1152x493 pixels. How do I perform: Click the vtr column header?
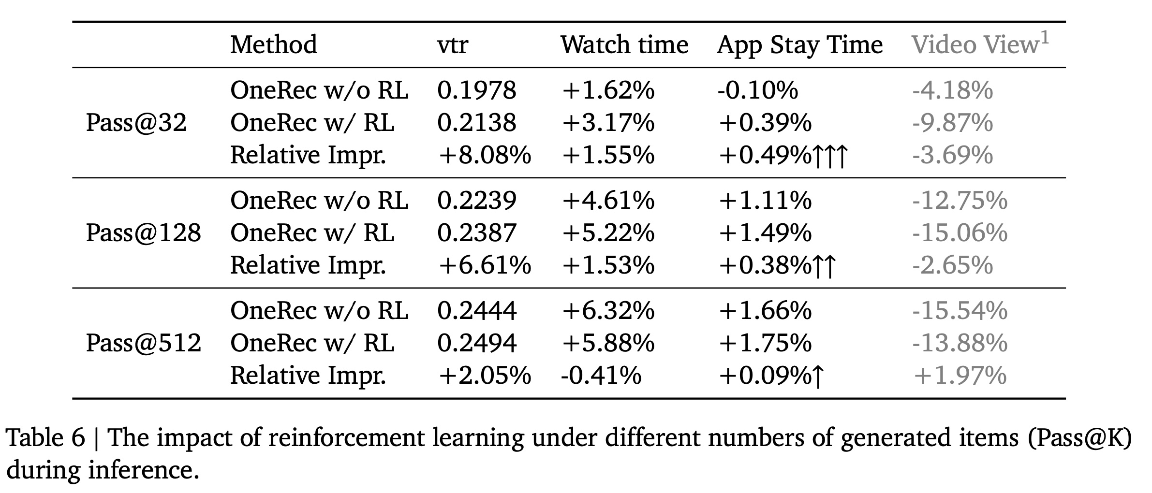452,45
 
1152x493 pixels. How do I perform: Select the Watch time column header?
624,45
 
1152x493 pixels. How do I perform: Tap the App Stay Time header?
799,45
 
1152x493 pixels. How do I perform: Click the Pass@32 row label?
136,123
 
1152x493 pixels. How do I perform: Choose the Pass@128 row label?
143,233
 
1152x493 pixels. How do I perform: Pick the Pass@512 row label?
143,343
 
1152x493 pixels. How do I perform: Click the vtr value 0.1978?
476,90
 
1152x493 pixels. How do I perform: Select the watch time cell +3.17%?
608,123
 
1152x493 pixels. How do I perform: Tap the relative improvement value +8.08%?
485,155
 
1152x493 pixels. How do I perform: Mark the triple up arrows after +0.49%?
829,156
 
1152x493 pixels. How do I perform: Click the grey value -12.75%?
960,201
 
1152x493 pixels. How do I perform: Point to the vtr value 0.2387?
476,233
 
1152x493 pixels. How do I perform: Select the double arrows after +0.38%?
824,266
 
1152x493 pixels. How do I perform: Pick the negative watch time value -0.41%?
601,376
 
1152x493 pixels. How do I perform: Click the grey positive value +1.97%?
960,376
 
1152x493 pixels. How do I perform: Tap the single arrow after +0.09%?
817,377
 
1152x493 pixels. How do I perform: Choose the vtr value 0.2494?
476,343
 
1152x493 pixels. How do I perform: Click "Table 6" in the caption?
45,438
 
